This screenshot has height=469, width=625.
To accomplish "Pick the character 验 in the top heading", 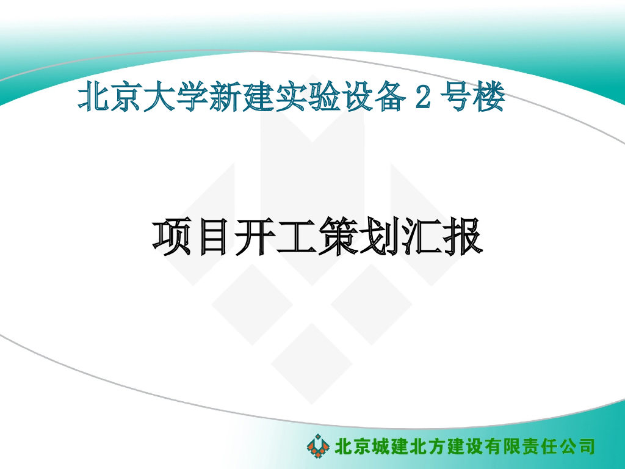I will (x=327, y=98).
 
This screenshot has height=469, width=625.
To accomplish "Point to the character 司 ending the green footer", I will (x=585, y=446).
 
